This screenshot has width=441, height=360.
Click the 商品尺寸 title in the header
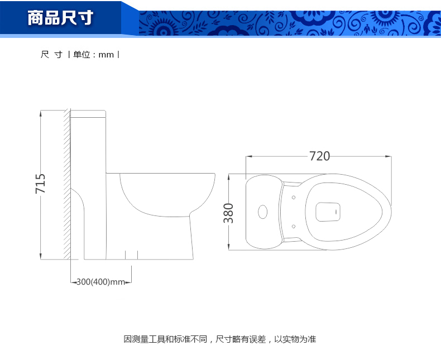(60, 18)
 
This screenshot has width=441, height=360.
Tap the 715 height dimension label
(40, 184)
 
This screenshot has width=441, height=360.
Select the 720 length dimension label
(319, 156)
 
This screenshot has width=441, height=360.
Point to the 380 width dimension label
(228, 213)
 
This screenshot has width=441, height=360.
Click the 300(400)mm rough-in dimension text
(100, 281)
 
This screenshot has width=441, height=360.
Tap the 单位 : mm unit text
(93, 55)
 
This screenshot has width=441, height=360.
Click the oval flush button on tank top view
(263, 212)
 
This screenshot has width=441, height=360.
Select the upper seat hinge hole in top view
(293, 198)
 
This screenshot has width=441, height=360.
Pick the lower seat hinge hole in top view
(293, 227)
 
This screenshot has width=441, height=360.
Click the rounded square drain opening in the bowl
(328, 212)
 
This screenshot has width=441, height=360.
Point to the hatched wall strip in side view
(67, 184)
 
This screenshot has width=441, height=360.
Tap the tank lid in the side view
(88, 114)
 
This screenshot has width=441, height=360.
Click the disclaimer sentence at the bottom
(219, 339)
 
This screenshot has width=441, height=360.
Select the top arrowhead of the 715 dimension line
(41, 113)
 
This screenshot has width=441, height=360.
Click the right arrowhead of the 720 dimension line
(389, 156)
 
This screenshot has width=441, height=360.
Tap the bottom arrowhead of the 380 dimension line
(229, 247)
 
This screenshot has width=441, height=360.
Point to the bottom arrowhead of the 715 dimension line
(41, 256)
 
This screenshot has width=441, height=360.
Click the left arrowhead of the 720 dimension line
(249, 156)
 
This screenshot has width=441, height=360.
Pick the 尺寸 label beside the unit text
(51, 55)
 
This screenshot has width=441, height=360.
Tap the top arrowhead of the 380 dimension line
(229, 177)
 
